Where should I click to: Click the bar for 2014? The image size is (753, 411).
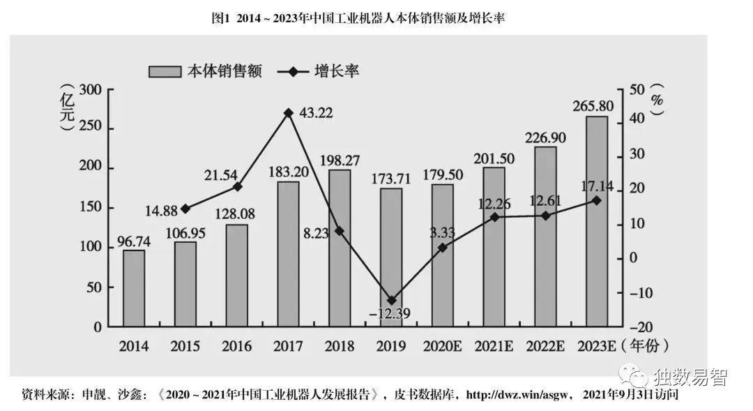tap(134, 288)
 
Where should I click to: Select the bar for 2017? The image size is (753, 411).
tap(288, 254)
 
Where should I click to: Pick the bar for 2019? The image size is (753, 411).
tap(391, 257)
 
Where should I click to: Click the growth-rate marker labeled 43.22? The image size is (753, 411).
tap(288, 113)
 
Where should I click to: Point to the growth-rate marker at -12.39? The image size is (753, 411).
tap(391, 300)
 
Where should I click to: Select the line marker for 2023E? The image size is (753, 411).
tap(597, 200)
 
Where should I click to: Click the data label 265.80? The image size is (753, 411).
tap(597, 106)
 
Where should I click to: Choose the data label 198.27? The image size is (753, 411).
tap(340, 160)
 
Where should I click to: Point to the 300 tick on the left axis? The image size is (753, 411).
tap(91, 90)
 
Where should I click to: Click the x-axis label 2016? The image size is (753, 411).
tap(237, 346)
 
